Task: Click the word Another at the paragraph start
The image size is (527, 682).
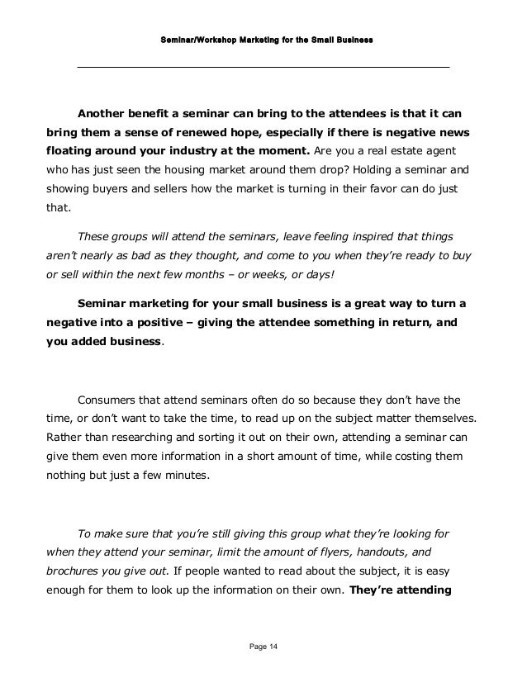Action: (104, 114)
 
